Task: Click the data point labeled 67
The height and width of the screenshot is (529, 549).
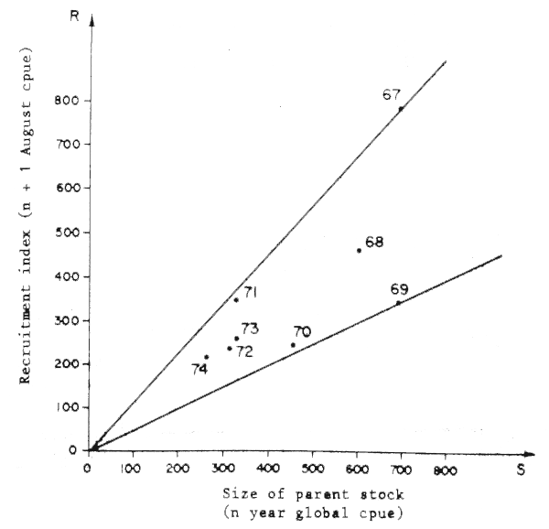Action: coord(401,108)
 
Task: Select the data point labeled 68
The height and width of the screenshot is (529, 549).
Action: coord(359,250)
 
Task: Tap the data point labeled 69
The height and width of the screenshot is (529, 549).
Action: coord(398,303)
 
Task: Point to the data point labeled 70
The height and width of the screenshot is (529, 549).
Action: coord(293,345)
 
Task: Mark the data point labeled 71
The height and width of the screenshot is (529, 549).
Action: coord(235,299)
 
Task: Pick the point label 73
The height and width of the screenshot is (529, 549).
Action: coord(250,329)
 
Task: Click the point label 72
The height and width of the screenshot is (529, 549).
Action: coord(244,351)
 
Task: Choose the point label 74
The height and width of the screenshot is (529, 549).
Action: coord(200,369)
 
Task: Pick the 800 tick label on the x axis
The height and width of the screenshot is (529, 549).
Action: coord(446,470)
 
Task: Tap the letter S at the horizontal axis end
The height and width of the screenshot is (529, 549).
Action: coord(521,469)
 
